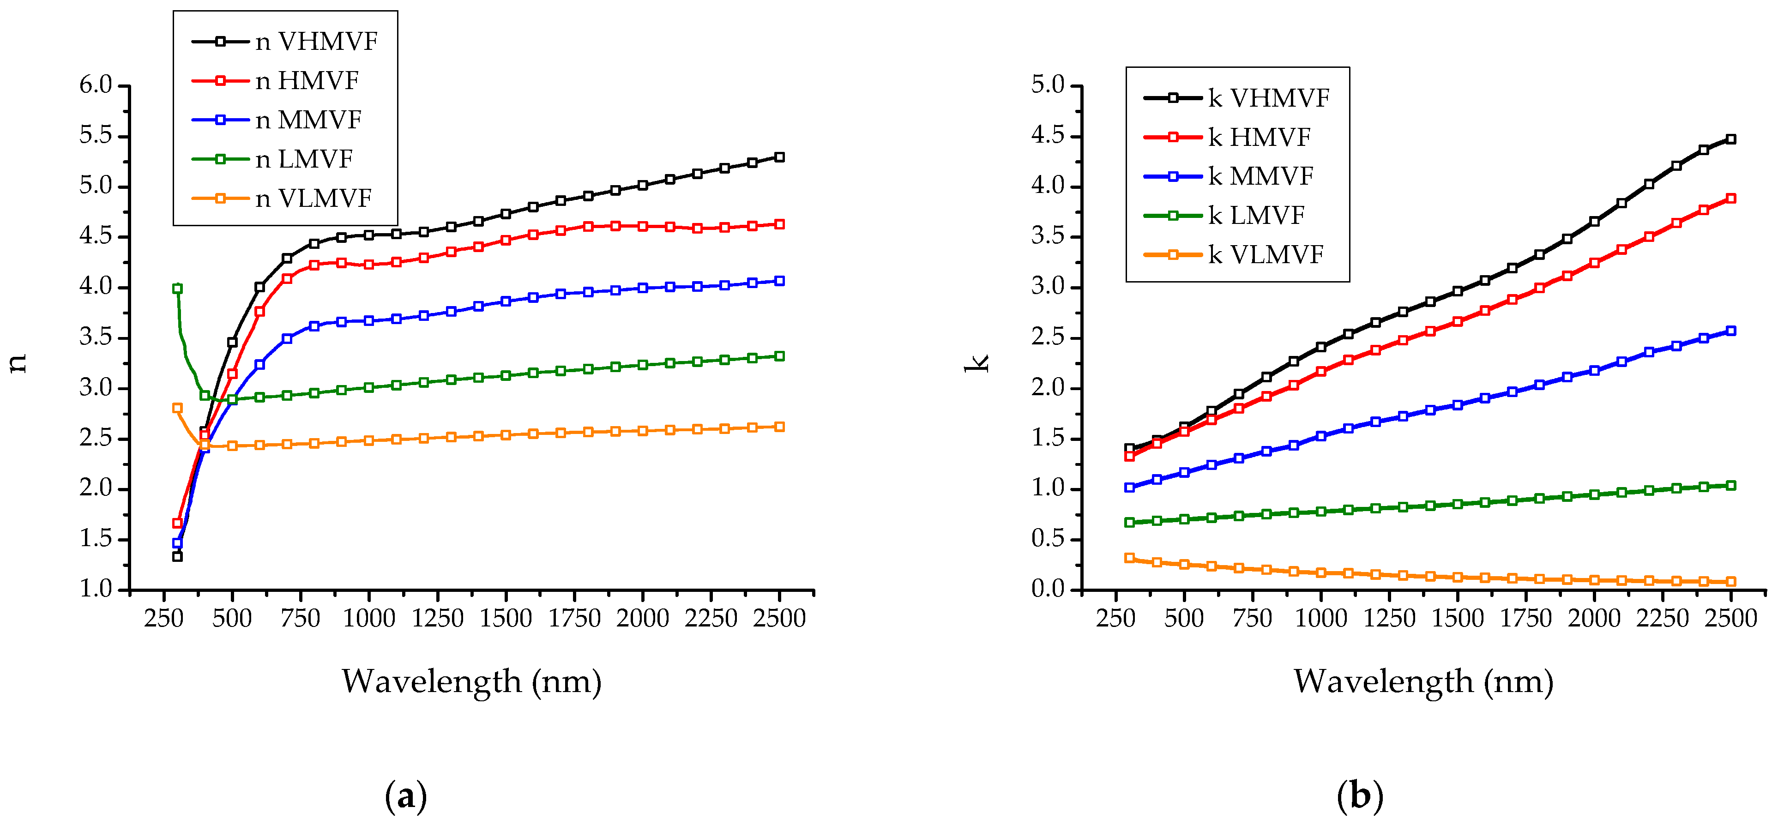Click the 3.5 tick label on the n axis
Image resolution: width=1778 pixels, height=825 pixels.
click(95, 337)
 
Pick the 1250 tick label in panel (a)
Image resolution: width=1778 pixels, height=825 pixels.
click(438, 618)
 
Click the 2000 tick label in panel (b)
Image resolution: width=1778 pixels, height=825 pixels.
click(1594, 618)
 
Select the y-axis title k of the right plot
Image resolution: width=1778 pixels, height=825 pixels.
click(976, 362)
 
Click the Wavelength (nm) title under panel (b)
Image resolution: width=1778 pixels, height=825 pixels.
click(1423, 682)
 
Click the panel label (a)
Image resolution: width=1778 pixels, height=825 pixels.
click(406, 796)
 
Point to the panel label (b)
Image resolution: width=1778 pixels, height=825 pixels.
click(1360, 796)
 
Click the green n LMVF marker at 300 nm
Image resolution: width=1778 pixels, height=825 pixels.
click(177, 289)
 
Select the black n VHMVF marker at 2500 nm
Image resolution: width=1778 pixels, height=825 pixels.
click(779, 157)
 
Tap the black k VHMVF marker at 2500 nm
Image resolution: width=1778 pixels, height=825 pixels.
click(1730, 139)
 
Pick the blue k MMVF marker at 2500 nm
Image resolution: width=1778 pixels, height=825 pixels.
click(1730, 331)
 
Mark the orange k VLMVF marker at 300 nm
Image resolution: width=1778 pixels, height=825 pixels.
click(1129, 558)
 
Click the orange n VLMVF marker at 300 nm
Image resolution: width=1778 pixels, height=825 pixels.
click(177, 408)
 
